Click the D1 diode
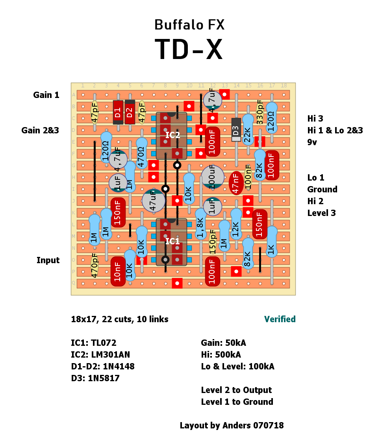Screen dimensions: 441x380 point(118,112)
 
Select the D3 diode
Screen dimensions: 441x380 point(236,129)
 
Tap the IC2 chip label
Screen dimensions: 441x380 point(172,135)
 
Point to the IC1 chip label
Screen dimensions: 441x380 point(172,241)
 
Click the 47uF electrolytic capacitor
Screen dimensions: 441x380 point(154,201)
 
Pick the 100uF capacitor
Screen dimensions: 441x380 point(213,177)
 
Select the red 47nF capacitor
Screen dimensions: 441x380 point(236,183)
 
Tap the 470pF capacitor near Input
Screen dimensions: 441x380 point(95,266)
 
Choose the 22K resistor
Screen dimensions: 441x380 point(248,129)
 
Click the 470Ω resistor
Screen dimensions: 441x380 point(142,153)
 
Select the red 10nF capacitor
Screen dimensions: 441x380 point(118,271)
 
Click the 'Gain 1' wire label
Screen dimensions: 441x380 point(46,95)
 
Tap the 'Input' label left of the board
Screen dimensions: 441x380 point(48,260)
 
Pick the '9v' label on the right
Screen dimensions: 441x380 point(312,142)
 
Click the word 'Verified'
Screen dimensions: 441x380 point(280,319)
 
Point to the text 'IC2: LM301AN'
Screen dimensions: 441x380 point(102,354)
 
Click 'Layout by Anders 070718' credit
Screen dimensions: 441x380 point(232,425)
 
